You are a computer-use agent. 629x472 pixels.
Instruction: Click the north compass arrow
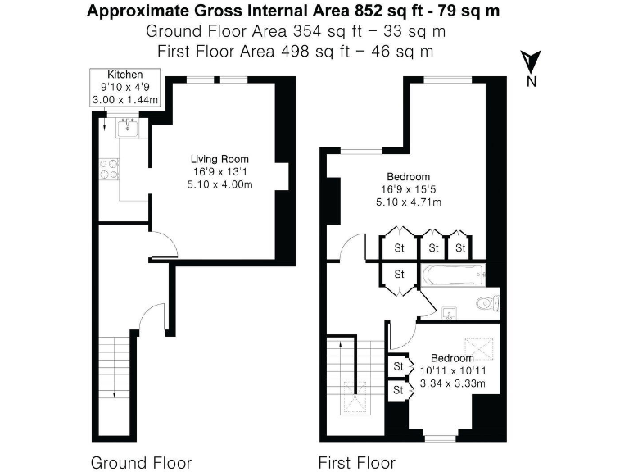click(531, 61)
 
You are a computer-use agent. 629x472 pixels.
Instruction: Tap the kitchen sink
click(129, 127)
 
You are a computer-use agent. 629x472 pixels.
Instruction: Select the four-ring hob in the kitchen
click(108, 168)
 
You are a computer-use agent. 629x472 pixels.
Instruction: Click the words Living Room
click(219, 159)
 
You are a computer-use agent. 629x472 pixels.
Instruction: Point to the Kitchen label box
click(127, 87)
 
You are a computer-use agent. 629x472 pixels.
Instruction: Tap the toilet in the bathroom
click(487, 303)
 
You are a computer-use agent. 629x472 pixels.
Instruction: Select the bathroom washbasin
click(450, 312)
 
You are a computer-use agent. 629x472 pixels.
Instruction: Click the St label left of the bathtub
click(400, 274)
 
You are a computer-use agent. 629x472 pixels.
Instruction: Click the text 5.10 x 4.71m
click(409, 202)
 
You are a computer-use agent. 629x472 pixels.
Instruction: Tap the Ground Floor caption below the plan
click(141, 462)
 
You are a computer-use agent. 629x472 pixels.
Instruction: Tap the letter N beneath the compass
click(532, 80)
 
